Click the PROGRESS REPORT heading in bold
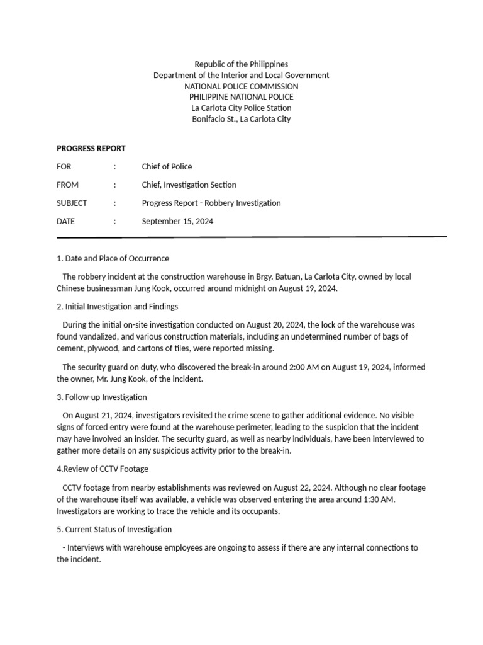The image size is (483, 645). pos(91,149)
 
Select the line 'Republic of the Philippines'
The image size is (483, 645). pos(241,64)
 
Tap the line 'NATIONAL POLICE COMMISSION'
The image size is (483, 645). pos(241,86)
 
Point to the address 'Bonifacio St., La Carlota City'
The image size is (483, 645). pos(241,119)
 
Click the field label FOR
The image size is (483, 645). pos(64,167)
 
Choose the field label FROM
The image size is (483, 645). pos(68,185)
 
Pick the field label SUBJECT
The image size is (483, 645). pos(72,203)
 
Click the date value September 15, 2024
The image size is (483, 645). pos(177,222)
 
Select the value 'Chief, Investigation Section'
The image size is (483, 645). pos(189,185)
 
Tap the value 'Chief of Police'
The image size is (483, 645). pos(167,167)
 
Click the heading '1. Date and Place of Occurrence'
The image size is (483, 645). pos(113,259)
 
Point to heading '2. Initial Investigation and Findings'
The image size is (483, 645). pos(118,307)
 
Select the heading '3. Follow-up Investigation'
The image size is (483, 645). pos(102,397)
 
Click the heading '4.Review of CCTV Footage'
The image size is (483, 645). pos(103,469)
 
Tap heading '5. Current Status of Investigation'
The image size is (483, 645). pos(114,530)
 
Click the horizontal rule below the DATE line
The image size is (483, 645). pos(252,237)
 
